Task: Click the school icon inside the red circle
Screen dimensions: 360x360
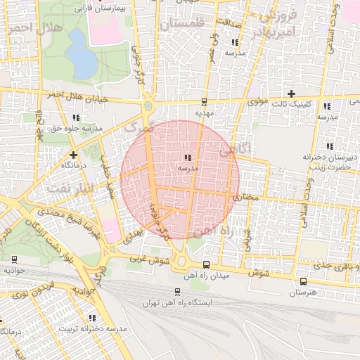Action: [188, 158]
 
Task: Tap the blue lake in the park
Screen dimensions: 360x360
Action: [83, 62]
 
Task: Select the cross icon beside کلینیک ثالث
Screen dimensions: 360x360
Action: [291, 94]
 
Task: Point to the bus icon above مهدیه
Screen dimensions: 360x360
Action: [205, 102]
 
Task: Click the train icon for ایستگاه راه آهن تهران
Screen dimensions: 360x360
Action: [176, 291]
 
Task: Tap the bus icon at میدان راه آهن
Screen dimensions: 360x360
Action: [205, 264]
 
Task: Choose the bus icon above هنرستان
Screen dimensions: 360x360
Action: [303, 281]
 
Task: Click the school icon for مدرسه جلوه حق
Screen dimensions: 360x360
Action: [75, 118]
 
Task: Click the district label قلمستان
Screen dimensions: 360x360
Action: [181, 25]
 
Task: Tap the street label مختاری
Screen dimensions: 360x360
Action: [246, 199]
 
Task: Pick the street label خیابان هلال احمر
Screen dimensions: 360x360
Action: [77, 98]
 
